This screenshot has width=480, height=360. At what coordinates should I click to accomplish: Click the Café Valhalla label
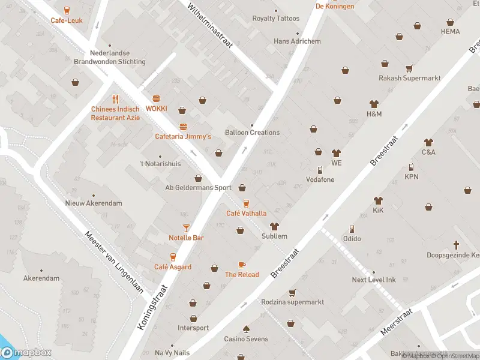[x=246, y=213]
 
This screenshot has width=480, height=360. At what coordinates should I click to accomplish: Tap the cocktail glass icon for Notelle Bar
[x=186, y=227]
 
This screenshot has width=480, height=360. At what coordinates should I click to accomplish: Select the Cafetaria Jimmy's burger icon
[x=183, y=127]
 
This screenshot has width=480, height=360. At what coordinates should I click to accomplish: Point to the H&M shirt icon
[x=374, y=104]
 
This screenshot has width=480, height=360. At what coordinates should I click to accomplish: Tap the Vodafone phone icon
[x=320, y=170]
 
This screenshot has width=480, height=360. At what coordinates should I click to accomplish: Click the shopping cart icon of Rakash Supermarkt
[x=409, y=68]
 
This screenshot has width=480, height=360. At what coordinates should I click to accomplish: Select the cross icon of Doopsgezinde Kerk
[x=456, y=245]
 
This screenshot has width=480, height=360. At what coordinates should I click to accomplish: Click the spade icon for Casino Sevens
[x=246, y=329]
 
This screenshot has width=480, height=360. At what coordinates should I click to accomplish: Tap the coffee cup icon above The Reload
[x=242, y=265]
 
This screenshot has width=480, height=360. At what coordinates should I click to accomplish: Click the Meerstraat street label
[x=396, y=323]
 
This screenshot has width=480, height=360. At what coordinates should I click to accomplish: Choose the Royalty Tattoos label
[x=275, y=19]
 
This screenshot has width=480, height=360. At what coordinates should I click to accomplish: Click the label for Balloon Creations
[x=252, y=133]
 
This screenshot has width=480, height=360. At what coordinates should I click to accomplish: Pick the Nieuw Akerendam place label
[x=94, y=203]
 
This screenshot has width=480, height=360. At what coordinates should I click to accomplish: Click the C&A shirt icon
[x=428, y=142]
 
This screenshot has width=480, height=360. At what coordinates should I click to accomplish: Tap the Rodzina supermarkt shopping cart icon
[x=292, y=292]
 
